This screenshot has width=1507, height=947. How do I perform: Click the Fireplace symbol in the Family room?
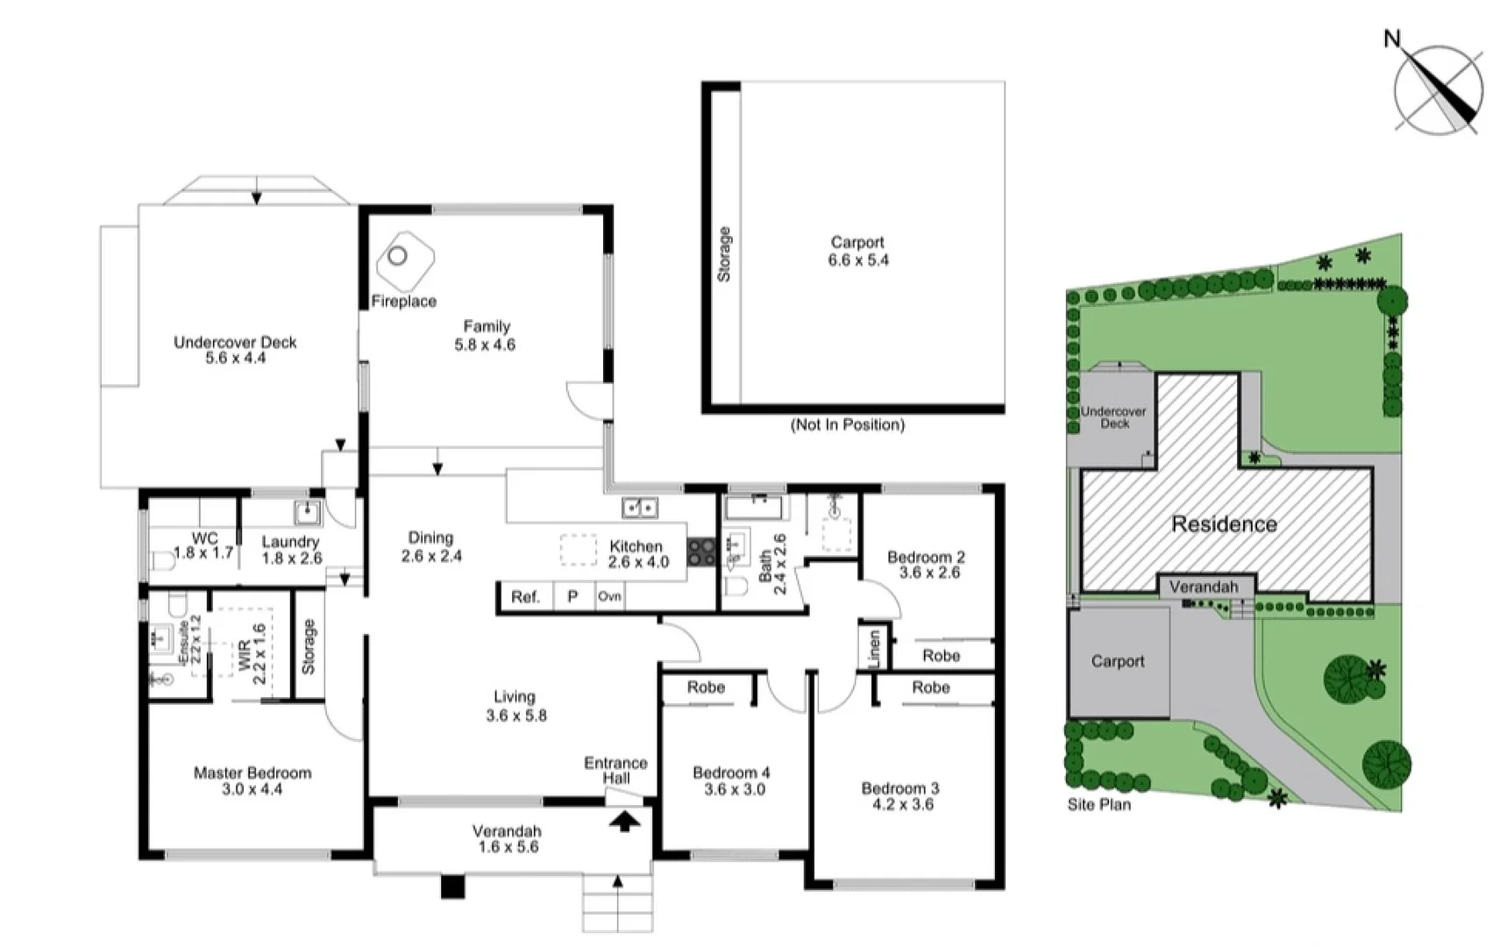404,261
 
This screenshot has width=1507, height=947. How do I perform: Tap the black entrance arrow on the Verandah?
624,822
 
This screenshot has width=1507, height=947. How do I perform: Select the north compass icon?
1438,88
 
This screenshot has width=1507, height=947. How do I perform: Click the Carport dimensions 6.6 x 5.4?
857,260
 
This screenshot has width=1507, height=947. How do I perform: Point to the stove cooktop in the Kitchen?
701,552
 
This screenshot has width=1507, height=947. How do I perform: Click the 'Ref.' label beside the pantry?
525,597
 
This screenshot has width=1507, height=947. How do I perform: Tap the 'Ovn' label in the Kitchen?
609,596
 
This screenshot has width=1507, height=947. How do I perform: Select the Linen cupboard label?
874,649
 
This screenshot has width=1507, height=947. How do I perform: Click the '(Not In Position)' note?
847,425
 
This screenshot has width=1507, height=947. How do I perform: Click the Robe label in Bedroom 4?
706,687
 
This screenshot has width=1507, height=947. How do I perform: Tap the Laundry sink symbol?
308,513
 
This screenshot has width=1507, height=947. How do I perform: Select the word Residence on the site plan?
1224,524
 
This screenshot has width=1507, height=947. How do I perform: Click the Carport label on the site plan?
1117,661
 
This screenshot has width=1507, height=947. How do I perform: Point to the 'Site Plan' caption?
1098,804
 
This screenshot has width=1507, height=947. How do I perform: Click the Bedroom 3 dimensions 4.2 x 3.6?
900,804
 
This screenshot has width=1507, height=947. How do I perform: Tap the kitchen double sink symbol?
640,507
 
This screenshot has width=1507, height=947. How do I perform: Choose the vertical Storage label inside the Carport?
724,254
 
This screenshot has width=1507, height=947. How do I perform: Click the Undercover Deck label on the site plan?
1113,417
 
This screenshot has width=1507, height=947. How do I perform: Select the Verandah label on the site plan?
1204,587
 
